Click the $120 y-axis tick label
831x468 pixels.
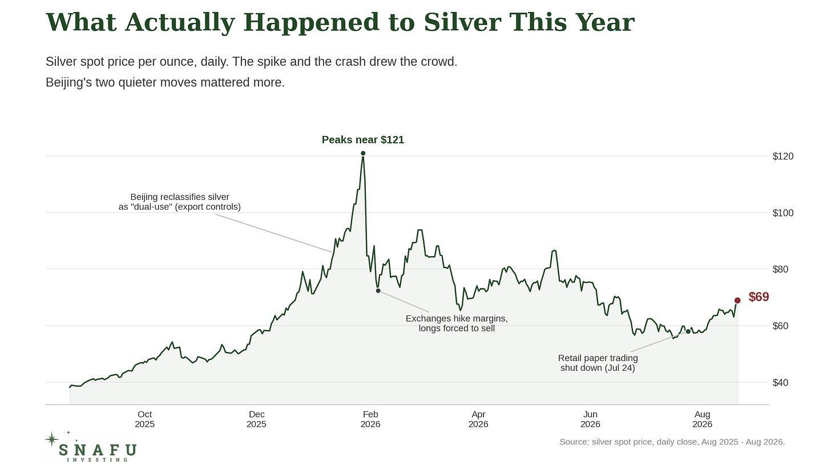[x=783, y=157]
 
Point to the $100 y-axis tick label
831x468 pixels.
[x=783, y=213]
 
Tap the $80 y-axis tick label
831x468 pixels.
[x=780, y=269]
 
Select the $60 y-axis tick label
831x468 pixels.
[x=780, y=326]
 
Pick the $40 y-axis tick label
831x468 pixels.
[x=780, y=383]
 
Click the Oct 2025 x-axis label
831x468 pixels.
[x=145, y=419]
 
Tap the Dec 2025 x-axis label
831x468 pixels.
[x=256, y=419]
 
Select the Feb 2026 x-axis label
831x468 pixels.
[x=370, y=419]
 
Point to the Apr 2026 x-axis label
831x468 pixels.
[x=478, y=419]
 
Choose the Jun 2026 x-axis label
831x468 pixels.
[x=590, y=419]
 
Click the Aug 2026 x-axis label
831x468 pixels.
[x=702, y=419]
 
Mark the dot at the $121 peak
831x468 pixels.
[x=363, y=153]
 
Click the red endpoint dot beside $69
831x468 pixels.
[x=737, y=301]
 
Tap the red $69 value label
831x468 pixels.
[x=759, y=297]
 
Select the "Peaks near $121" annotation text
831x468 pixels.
[x=363, y=140]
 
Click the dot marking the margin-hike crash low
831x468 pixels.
[x=378, y=291]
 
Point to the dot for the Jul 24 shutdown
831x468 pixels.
[x=688, y=331]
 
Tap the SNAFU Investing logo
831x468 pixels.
[x=91, y=447]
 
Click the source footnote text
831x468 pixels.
[x=672, y=442]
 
